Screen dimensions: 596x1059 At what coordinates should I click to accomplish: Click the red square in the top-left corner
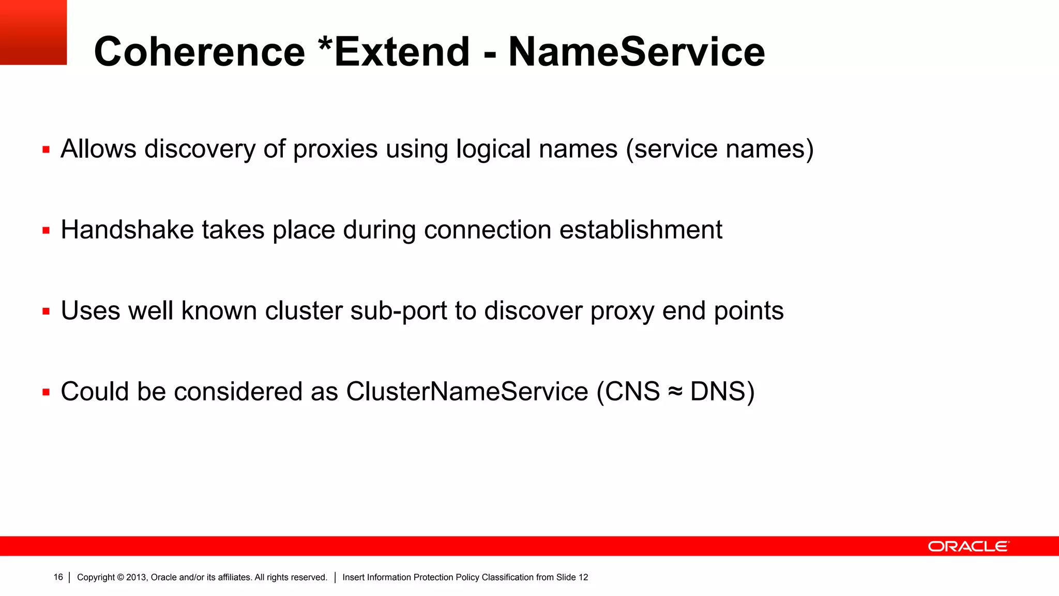point(33,32)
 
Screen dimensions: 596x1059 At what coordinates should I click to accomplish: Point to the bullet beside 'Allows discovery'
point(46,150)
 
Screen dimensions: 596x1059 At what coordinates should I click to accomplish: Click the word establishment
point(641,230)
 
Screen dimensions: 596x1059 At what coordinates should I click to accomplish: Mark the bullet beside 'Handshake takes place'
point(46,231)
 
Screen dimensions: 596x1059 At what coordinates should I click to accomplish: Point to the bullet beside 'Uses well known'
point(46,311)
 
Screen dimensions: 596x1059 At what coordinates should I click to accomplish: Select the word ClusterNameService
point(467,391)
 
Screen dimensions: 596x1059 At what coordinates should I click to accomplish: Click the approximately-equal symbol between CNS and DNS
point(675,392)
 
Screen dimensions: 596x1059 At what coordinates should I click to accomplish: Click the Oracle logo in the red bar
point(968,546)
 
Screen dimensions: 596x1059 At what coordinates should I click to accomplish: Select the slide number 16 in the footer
point(58,577)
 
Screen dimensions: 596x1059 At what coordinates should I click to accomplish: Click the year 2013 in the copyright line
point(137,577)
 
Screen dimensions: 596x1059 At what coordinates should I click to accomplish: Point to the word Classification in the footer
point(507,577)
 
